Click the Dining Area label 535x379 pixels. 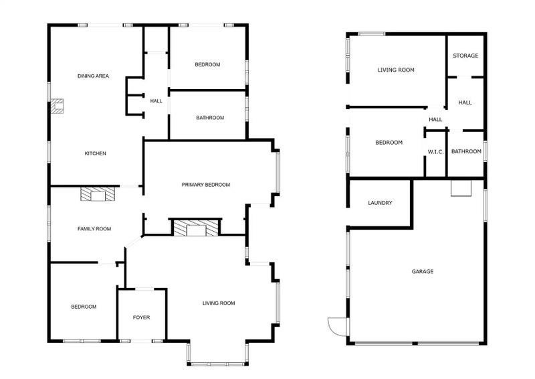93,76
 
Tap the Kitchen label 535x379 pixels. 95,153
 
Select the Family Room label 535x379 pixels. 94,229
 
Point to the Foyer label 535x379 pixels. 141,317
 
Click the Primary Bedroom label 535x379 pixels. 206,185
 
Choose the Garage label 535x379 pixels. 422,271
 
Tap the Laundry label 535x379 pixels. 380,203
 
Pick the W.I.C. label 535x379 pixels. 435,152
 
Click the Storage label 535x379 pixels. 465,56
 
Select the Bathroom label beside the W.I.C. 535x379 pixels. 465,151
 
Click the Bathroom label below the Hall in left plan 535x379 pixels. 210,118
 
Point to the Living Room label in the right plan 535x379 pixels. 396,70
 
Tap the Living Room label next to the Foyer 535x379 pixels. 219,303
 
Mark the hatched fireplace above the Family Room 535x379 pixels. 97,194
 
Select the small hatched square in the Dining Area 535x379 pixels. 57,106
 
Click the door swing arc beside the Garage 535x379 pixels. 335,326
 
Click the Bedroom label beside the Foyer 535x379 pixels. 84,307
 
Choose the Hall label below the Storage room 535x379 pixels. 465,102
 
